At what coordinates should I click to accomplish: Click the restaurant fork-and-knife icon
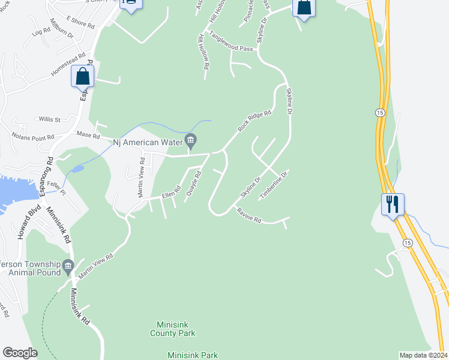point(393,204)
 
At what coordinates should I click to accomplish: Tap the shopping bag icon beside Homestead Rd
point(82,77)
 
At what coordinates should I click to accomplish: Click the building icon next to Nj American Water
point(191,141)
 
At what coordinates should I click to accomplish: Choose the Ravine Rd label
point(249,216)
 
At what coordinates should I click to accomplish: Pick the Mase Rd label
point(88,135)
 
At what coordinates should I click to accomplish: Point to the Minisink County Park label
point(173,328)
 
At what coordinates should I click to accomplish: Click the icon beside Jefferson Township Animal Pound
point(67,265)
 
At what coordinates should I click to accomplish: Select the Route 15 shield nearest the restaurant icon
point(407,242)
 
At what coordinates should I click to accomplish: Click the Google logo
point(20,353)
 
